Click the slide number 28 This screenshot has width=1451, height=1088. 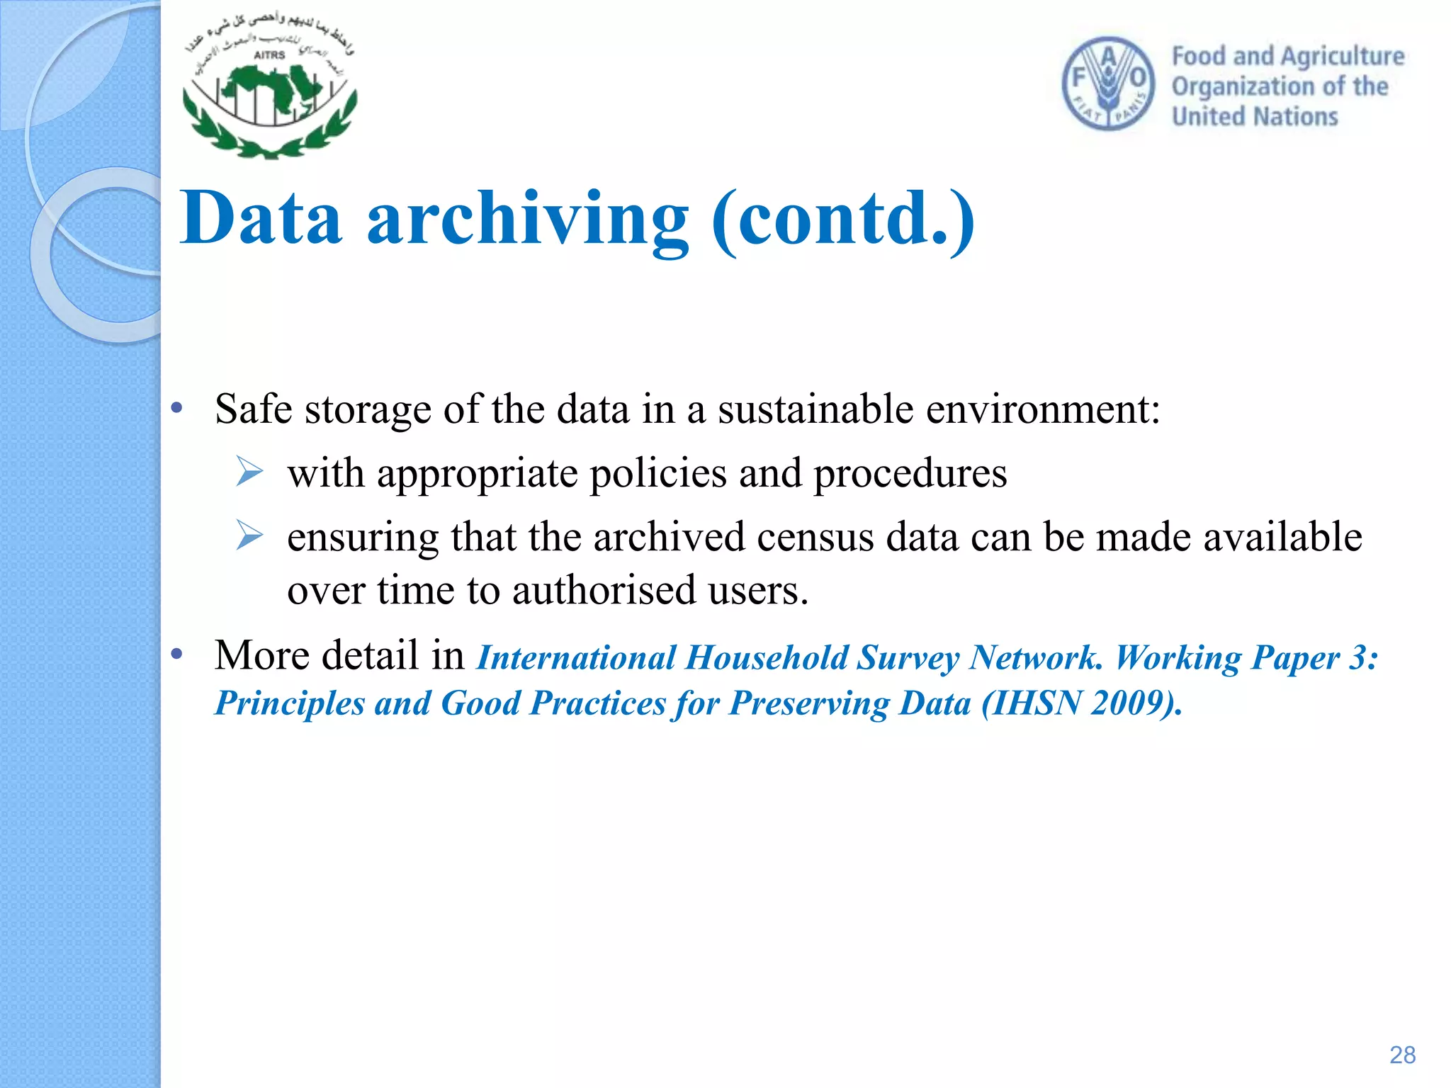pos(1402,1055)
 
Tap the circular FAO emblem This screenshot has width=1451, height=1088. pos(1108,84)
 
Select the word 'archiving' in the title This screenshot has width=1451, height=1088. pos(527,219)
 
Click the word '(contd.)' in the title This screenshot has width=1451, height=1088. pos(843,219)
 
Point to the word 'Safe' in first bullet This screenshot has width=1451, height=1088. pos(253,409)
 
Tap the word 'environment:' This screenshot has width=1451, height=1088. pos(1043,409)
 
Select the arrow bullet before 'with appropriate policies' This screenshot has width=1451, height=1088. pos(249,472)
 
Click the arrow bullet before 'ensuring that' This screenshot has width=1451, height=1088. pos(249,535)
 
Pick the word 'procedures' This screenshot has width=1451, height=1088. pos(910,474)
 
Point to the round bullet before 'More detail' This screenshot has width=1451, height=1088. pos(177,653)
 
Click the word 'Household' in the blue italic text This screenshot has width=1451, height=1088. pos(767,657)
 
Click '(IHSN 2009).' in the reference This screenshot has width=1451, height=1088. pos(1082,703)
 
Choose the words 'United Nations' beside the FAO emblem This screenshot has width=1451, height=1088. pos(1255,116)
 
